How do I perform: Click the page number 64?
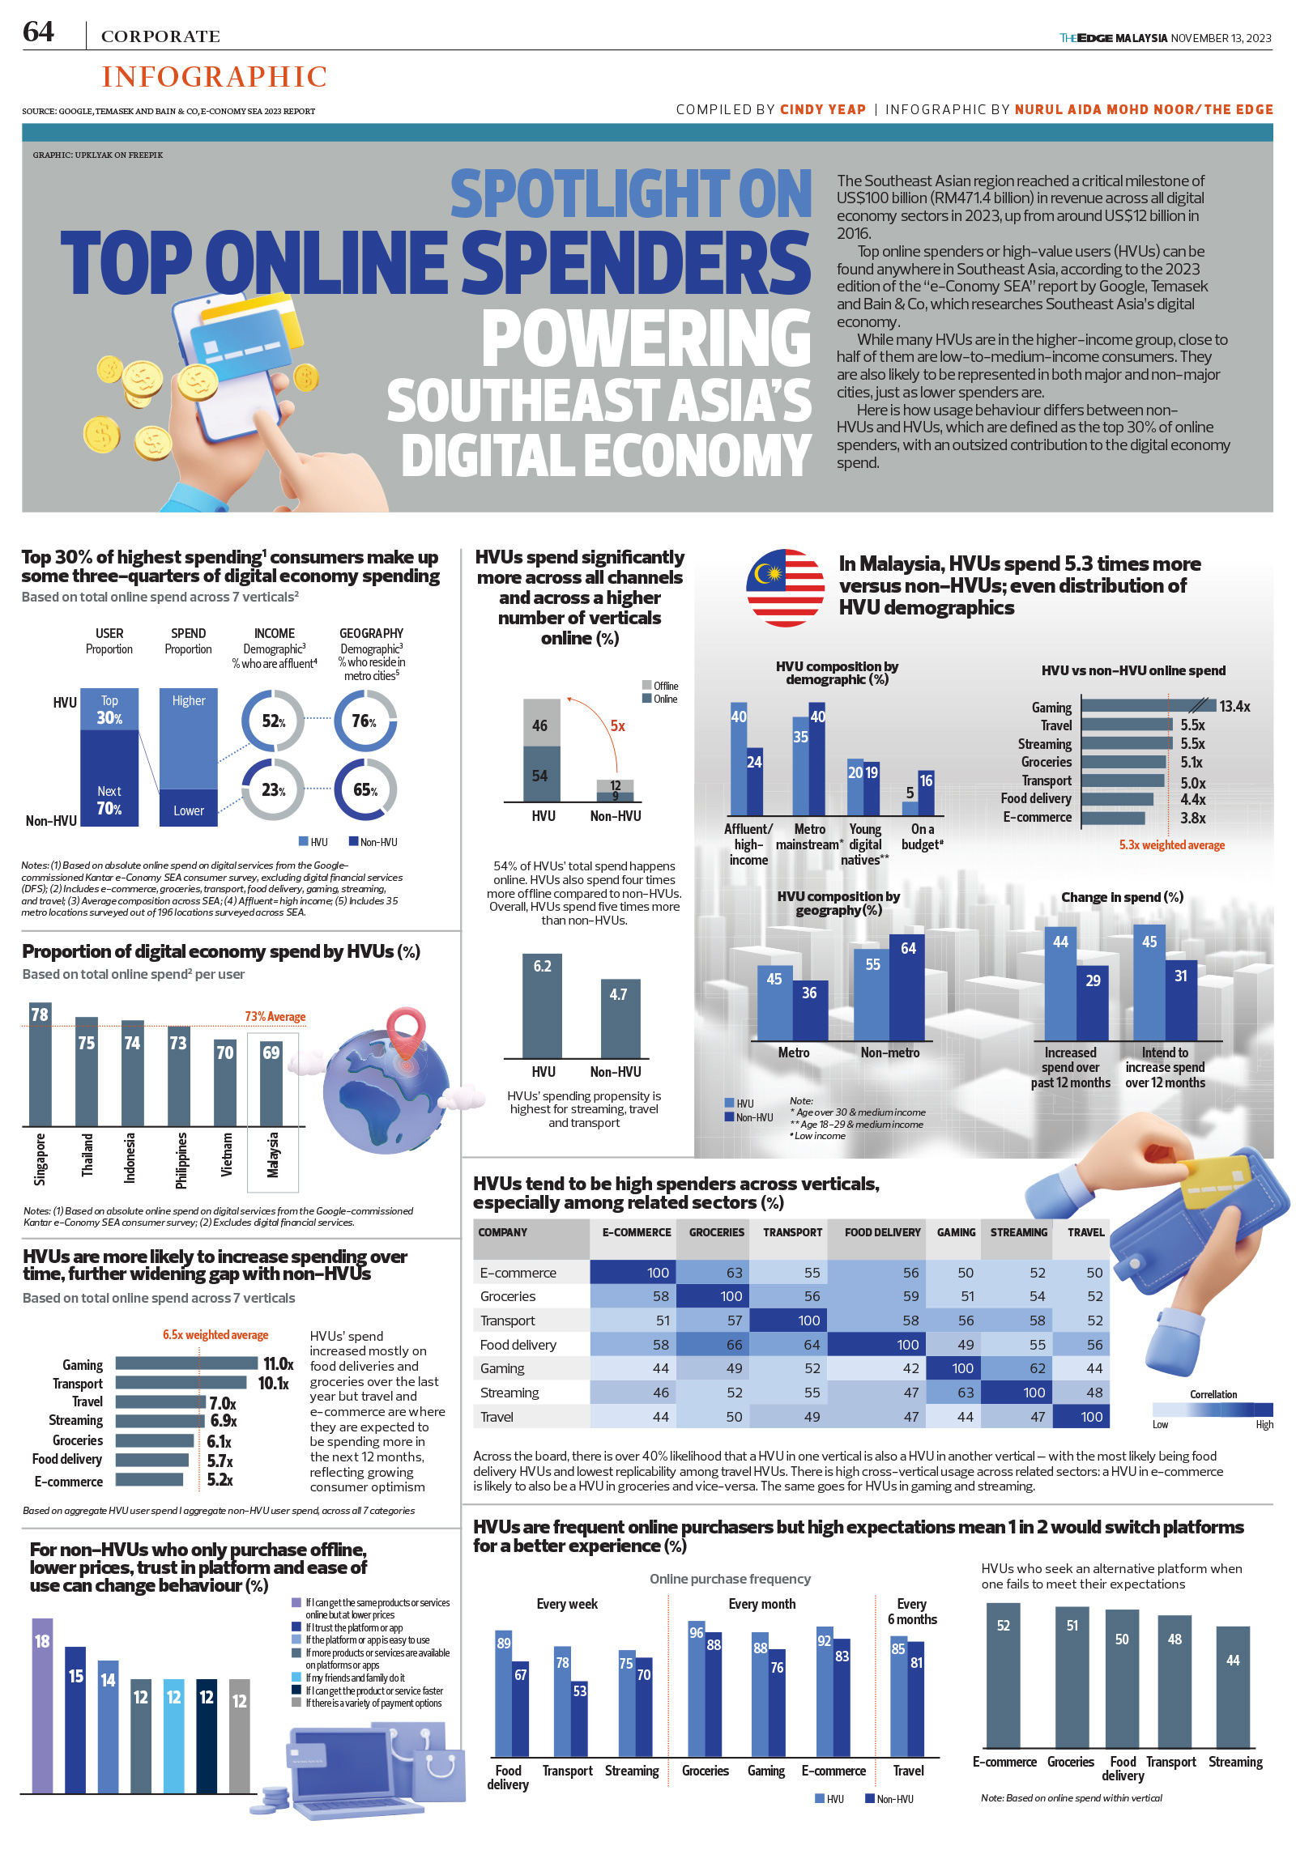38,32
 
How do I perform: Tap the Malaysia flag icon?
785,588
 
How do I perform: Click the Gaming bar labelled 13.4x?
1145,706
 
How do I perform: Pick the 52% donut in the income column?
273,721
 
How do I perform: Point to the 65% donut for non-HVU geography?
365,789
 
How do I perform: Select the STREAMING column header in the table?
1018,1232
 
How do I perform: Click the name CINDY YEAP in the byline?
822,109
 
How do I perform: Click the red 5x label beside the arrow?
617,726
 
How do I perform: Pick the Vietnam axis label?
226,1153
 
